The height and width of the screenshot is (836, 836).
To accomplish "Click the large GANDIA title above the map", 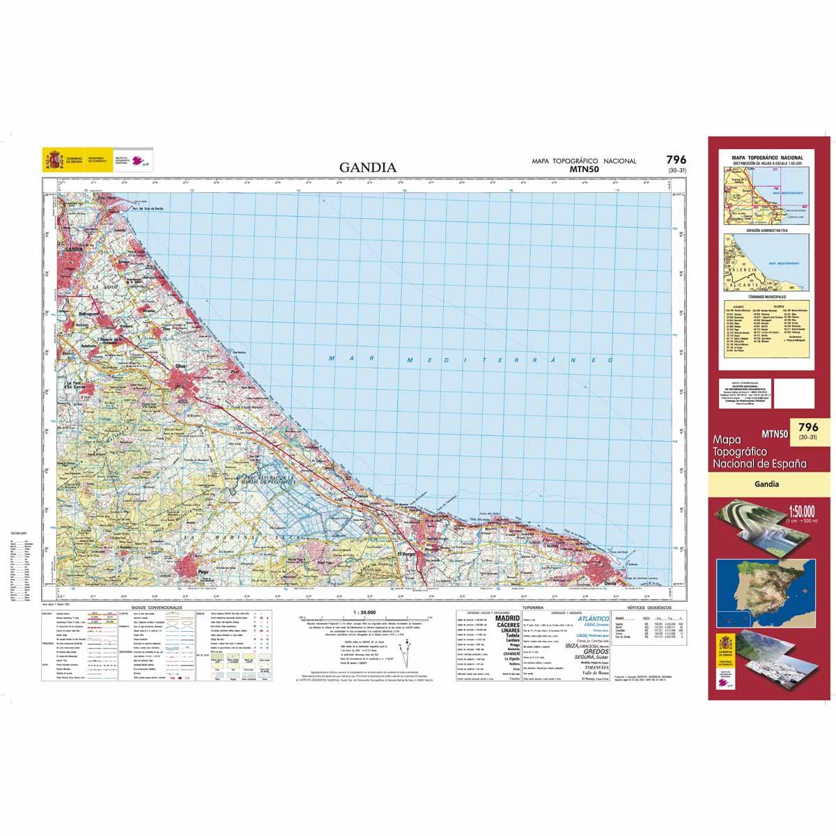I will coord(368,167).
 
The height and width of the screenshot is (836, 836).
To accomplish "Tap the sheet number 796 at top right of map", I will coord(675,160).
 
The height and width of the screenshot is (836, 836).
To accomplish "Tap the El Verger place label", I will coord(405,554).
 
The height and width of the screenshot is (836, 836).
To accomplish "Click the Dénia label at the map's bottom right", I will coord(610,582).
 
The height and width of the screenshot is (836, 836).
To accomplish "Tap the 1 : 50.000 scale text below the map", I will coord(365,612).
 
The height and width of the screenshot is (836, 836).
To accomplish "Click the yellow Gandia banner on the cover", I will coord(766,484).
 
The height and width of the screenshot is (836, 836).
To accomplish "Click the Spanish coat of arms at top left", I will coord(53,160).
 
